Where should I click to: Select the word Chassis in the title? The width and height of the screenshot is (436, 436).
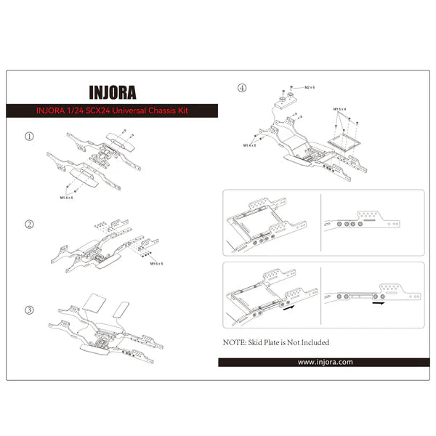coord(169,111)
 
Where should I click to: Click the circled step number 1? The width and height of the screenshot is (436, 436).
coord(29,136)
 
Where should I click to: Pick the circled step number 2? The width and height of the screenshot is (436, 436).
coord(29,224)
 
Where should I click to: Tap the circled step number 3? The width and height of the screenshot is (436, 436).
coord(29,310)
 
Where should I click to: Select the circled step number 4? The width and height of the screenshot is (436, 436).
coord(242,89)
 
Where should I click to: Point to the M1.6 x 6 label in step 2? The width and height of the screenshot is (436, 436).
coord(157,265)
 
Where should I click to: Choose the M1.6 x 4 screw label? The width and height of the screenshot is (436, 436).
coord(341,109)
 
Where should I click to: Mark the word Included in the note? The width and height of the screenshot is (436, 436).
coord(312,342)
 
